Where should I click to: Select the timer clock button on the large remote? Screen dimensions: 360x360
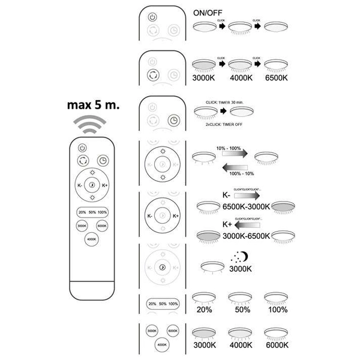[x=103, y=161]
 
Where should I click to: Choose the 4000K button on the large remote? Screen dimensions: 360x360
[x=92, y=239]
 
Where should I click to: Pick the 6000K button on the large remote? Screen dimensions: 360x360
[x=103, y=226]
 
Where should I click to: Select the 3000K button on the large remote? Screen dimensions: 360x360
[x=82, y=226]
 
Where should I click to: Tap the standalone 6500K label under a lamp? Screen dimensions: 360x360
[x=279, y=77]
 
